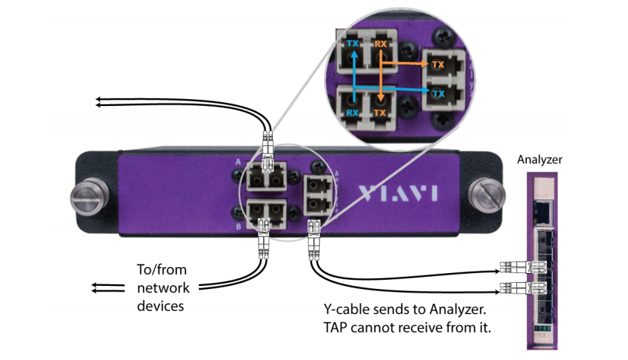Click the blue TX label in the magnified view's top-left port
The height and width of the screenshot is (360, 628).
pos(352,45)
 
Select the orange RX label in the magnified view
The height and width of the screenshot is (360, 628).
pos(380,45)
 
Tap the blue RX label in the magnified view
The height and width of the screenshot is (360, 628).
pos(352,113)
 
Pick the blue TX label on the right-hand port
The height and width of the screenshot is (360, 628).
pos(438,92)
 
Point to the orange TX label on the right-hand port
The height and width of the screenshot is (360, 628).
pos(438,65)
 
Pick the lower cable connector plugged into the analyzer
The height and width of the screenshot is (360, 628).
pos(522,289)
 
